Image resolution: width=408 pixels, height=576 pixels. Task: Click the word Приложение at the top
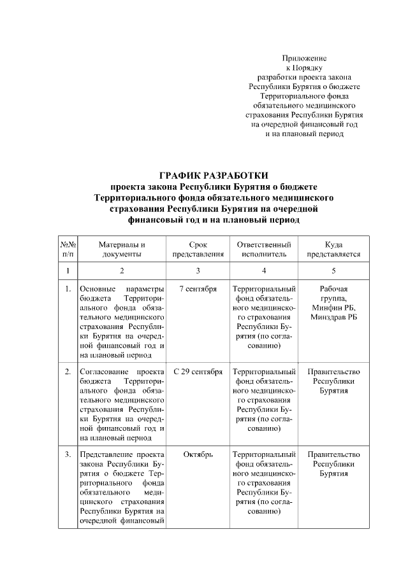point(304,58)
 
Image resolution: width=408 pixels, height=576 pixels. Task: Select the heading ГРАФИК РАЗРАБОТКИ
point(214,175)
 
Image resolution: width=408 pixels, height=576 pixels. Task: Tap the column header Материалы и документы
point(122,249)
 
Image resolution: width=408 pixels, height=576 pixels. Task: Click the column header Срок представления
point(198,249)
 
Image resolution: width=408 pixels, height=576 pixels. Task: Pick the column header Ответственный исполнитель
point(264,249)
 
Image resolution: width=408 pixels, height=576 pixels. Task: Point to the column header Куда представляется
point(333,249)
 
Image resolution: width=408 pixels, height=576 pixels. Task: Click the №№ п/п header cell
point(68,249)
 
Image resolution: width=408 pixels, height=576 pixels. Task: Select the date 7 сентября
point(198,289)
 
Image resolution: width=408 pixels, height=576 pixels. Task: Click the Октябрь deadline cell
point(198,454)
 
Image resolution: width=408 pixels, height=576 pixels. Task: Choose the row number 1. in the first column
point(68,289)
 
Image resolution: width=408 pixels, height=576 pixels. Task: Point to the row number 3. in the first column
point(68,454)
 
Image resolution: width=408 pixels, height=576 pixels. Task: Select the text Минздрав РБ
point(333,317)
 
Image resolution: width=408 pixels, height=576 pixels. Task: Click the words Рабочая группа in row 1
point(333,293)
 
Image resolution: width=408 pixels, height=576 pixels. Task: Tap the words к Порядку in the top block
point(304,67)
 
